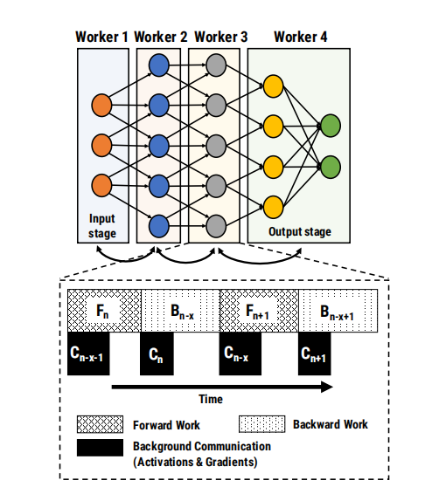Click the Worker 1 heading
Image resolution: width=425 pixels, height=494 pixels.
(x=102, y=37)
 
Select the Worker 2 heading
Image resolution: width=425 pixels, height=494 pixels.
(x=161, y=37)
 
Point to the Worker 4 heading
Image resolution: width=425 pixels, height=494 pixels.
(x=301, y=37)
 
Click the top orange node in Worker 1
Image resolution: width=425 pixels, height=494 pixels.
(x=101, y=106)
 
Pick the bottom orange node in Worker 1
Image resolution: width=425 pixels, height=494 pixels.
(x=101, y=185)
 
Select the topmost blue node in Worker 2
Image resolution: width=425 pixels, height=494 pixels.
(x=159, y=65)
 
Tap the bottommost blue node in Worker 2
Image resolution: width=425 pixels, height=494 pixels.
(x=159, y=227)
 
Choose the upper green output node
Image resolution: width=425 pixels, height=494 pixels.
(x=330, y=126)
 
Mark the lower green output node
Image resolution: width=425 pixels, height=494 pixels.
(x=330, y=166)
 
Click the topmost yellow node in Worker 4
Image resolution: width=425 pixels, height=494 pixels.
(x=273, y=86)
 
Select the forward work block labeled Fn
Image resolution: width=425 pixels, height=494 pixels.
(x=104, y=308)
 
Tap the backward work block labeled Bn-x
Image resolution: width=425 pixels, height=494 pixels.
(x=179, y=308)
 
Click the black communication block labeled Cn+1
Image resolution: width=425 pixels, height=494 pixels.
(x=321, y=353)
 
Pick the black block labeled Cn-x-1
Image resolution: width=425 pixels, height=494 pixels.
(x=89, y=353)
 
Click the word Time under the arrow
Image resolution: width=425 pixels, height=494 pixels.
(x=210, y=398)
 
